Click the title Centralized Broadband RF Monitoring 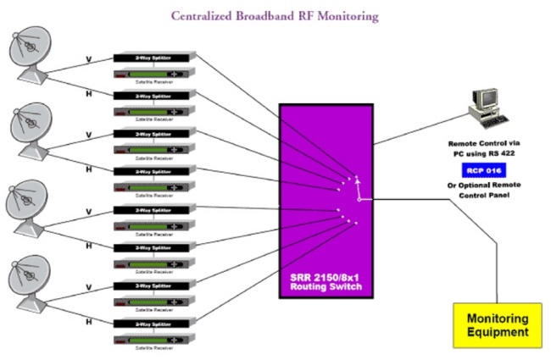click(x=275, y=15)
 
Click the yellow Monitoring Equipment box click(x=498, y=325)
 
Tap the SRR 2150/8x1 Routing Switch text click(x=326, y=283)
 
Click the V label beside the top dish click(x=87, y=60)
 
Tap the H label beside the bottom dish click(x=87, y=321)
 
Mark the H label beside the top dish click(x=87, y=94)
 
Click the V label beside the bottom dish click(x=87, y=286)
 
